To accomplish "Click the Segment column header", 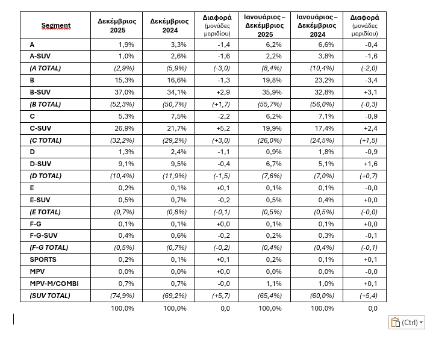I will (x=55, y=25).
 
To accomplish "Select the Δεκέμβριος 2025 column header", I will (x=117, y=25).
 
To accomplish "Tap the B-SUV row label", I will (x=40, y=92).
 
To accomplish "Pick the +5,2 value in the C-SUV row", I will (x=223, y=128).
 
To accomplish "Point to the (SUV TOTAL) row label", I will (x=50, y=295).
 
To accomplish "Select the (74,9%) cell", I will (x=123, y=295).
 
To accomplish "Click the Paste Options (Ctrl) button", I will (x=406, y=322).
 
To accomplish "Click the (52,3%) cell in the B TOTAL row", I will (x=123, y=104).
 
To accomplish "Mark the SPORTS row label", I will (x=43, y=259).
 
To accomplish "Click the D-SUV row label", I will (x=40, y=164).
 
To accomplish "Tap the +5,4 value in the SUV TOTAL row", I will (x=369, y=295).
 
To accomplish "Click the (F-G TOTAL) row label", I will (x=49, y=247).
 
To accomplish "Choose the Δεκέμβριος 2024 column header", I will (x=170, y=25).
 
